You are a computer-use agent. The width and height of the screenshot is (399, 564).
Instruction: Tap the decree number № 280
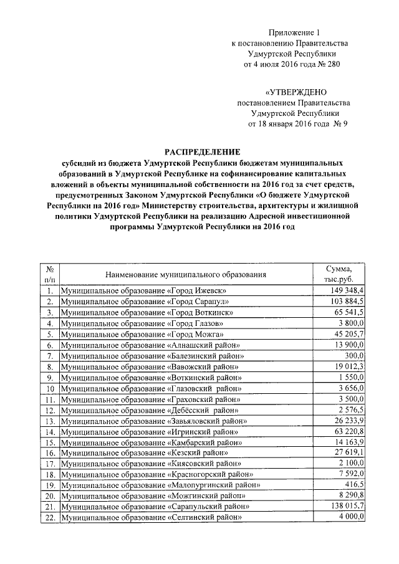tap(328, 64)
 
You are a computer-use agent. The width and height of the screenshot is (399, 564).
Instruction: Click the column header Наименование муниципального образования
tap(186, 274)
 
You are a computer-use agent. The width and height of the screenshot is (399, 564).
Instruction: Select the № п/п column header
tap(49, 274)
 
